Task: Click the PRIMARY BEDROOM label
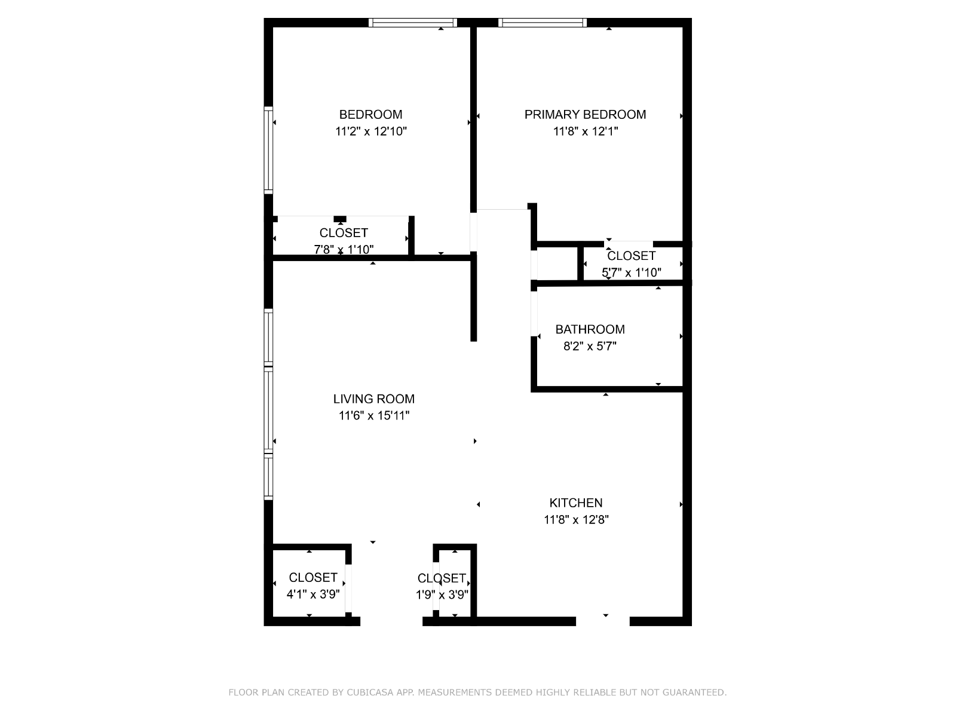[585, 115]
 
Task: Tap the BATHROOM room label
[590, 329]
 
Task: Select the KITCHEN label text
[576, 503]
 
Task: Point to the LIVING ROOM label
[373, 399]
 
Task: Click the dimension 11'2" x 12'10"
[370, 131]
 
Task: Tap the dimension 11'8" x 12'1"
[586, 131]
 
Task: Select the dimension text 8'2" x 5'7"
[590, 346]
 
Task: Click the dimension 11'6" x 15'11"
[373, 415]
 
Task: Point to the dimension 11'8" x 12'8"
[576, 519]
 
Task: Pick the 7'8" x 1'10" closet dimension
[344, 249]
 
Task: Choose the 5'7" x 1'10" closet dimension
[631, 272]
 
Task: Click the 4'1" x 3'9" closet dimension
[312, 595]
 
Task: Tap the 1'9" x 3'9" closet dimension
[442, 595]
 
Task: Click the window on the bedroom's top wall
[412, 23]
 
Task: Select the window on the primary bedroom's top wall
[543, 23]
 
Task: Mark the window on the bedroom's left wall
[268, 150]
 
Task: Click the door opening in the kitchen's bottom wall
[603, 621]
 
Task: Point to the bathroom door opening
[534, 314]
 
